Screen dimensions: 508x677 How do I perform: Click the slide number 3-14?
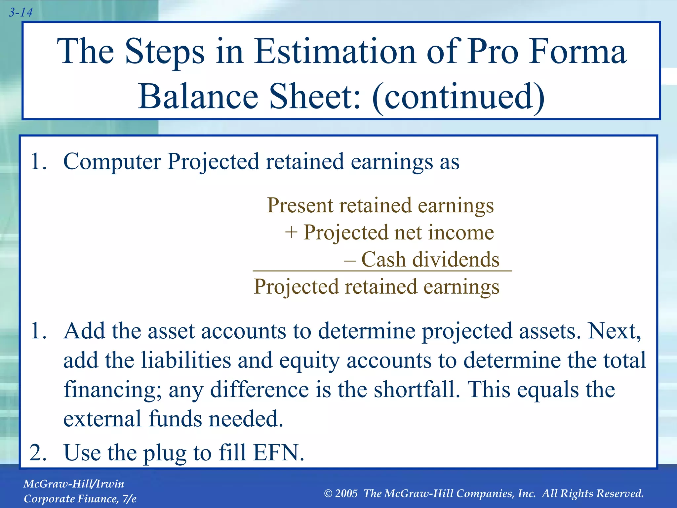20,13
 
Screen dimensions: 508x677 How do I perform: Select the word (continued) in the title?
458,96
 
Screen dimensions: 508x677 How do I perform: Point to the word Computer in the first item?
112,162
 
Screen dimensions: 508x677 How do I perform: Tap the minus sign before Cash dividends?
350,260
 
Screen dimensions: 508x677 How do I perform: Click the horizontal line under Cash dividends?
382,271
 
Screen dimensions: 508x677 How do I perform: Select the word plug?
164,453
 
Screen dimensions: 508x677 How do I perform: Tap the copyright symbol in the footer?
328,494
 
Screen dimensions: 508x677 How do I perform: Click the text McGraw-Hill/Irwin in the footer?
74,484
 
